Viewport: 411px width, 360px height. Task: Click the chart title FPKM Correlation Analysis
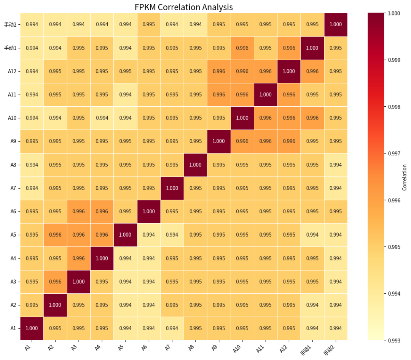pos(183,7)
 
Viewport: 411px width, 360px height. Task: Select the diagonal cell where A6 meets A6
pos(149,211)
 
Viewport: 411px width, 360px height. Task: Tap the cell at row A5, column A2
pos(55,235)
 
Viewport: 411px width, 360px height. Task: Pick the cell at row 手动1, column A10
pos(242,48)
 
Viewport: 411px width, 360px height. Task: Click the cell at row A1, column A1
pos(32,328)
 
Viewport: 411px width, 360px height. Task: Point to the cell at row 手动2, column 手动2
pos(336,24)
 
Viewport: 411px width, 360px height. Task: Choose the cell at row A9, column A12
pos(289,141)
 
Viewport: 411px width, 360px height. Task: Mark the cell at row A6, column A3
pos(79,211)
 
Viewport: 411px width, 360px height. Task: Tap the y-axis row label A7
pos(13,188)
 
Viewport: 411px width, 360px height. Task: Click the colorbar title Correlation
pos(405,177)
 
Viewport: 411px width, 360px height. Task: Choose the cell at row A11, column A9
pos(219,94)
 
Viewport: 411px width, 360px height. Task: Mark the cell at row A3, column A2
pos(55,282)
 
